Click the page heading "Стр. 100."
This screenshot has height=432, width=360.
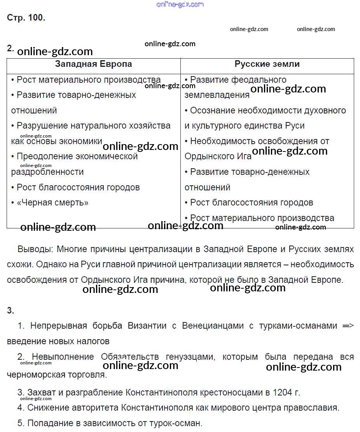point(26,18)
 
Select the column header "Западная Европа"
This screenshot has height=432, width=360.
point(93,64)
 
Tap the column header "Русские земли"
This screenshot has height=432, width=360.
point(267,64)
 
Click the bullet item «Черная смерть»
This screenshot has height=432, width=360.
point(52,202)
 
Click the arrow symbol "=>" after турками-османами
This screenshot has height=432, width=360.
point(348,326)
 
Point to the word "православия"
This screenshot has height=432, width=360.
point(312,408)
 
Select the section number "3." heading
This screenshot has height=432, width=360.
point(10,310)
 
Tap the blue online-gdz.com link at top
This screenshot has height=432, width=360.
point(180,4)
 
